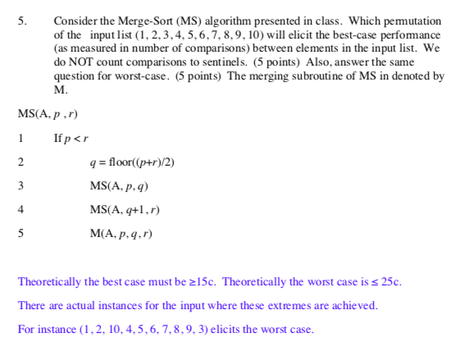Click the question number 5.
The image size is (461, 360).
[21, 21]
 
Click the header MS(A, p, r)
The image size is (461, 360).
[48, 113]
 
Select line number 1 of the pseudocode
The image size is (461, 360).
[21, 138]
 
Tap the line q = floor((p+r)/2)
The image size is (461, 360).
[131, 162]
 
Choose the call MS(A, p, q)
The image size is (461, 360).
[119, 186]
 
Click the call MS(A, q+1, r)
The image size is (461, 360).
[125, 210]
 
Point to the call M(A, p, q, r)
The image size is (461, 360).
[121, 234]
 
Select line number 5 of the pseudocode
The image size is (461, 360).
[21, 234]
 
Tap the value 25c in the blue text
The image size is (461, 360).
[390, 282]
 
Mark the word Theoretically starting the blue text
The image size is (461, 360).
[48, 282]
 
